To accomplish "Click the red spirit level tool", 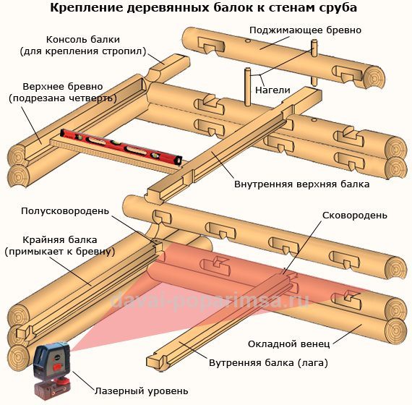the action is coord(121,148).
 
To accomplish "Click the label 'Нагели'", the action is coord(272,90).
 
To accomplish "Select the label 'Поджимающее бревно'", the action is coord(305,30).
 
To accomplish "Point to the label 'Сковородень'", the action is coord(355,216).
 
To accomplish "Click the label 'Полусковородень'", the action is coord(65,211).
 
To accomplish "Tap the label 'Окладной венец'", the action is coord(289,344).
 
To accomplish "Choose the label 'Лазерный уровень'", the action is coord(142,391).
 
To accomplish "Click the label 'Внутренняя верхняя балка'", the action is coord(302,184).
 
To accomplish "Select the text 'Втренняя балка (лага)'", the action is coord(269,363).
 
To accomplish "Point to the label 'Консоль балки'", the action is coord(83,40).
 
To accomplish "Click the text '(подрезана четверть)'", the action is coord(63,98).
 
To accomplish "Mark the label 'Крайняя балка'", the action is coord(60,240).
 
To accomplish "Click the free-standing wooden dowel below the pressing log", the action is coord(247,87).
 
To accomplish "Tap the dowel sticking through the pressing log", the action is coord(314,63).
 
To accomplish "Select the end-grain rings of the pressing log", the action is coord(374,77).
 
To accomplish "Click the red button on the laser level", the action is coord(57,367).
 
